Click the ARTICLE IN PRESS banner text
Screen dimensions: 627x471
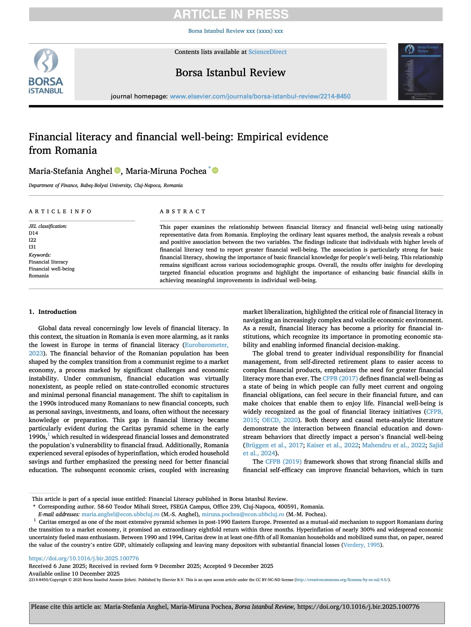(231, 14)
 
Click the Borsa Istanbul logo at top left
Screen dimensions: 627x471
(46, 71)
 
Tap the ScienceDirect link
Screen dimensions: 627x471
(267, 52)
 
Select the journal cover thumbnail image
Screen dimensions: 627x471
(420, 71)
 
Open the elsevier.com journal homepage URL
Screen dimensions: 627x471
(260, 96)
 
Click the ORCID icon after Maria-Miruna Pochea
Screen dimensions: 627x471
(215, 171)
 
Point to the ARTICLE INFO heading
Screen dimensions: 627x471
(60, 211)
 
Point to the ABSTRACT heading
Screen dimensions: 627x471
(183, 211)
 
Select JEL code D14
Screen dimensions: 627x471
(34, 233)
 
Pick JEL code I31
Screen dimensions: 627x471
(32, 247)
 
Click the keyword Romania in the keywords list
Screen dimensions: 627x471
(39, 276)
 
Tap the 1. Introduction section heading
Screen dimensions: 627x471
(52, 312)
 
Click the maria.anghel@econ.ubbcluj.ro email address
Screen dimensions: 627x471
(120, 514)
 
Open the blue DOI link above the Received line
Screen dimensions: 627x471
(84, 558)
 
